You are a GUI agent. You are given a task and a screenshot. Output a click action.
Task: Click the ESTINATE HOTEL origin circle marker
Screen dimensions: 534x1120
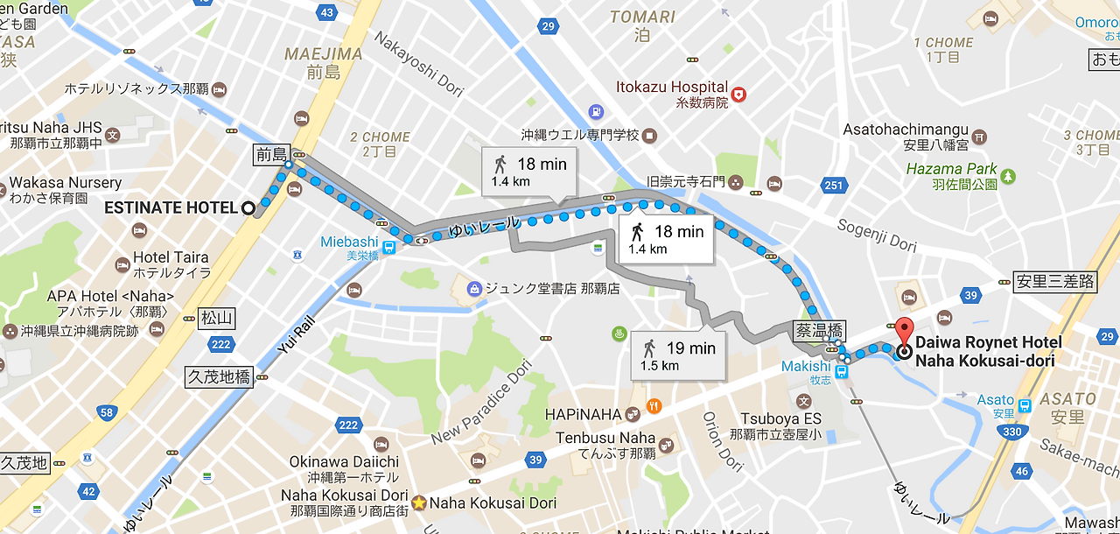248,208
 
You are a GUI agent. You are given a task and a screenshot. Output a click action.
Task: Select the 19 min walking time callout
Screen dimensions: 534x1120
678,355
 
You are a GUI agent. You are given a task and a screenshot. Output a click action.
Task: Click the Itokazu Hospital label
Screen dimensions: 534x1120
671,87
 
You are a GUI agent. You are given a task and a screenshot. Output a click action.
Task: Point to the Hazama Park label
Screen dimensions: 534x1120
952,169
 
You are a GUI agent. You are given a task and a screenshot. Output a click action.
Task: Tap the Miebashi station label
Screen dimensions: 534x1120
349,242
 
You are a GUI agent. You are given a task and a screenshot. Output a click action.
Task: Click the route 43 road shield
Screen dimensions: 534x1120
327,12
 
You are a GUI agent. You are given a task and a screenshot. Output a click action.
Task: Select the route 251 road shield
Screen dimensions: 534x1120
834,185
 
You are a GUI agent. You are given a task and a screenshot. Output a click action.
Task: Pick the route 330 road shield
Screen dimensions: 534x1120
1013,432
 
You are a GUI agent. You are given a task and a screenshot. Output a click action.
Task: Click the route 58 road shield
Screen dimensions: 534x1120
107,412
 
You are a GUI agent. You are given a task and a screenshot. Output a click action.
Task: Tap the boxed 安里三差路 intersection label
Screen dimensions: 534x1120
1054,282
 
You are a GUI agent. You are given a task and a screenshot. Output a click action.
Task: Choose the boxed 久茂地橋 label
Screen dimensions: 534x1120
219,377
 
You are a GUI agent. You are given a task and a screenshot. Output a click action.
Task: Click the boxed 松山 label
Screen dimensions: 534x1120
215,318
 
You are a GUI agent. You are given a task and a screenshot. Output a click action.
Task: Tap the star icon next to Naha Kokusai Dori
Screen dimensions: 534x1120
419,503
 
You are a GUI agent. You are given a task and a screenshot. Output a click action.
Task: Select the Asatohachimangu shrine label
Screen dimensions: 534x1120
905,130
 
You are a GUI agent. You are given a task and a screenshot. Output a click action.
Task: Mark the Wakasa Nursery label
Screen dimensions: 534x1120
65,183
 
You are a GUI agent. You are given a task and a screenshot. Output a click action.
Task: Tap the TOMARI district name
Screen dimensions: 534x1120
642,18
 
